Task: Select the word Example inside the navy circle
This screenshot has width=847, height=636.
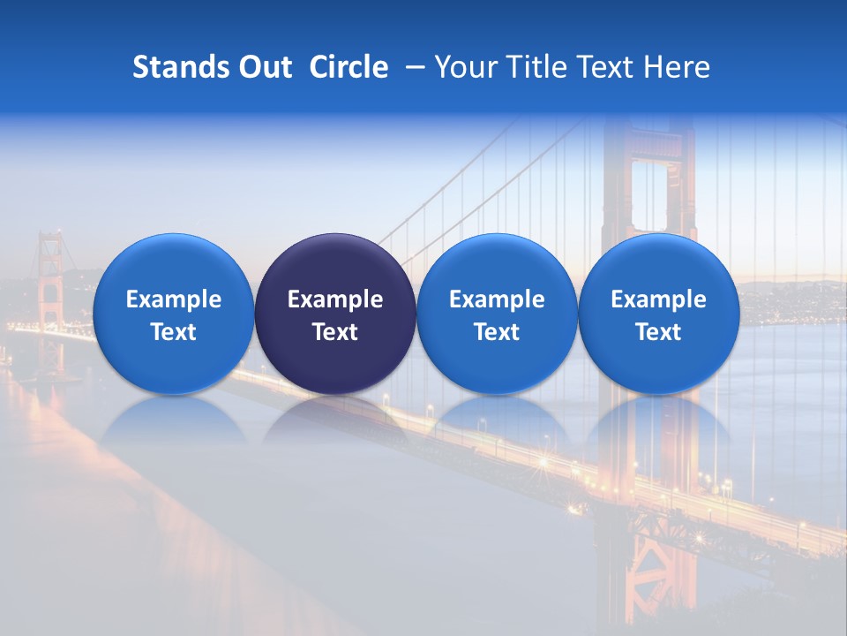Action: point(335,299)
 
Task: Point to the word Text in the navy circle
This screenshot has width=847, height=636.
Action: point(335,332)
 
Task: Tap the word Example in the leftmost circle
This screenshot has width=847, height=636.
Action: point(174,299)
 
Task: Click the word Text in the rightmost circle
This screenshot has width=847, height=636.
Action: point(659,332)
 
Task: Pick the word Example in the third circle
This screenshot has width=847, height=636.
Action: point(497,299)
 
